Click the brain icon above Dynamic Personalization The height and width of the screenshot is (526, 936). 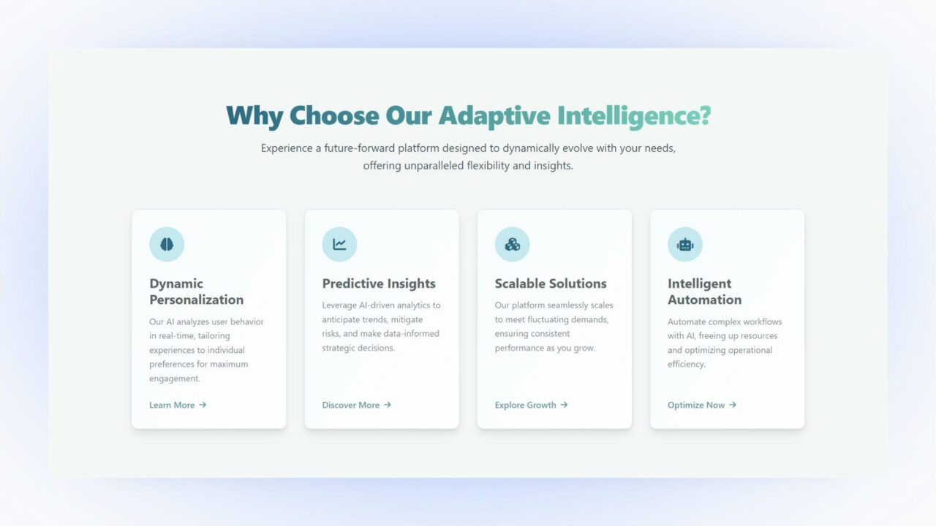(x=167, y=245)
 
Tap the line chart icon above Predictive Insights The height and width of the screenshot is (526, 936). (x=339, y=245)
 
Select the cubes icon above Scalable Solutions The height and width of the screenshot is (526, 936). (x=512, y=245)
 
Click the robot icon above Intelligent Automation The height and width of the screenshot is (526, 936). (x=684, y=245)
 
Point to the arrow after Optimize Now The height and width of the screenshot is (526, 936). (x=733, y=405)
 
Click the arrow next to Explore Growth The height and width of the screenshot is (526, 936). (x=564, y=405)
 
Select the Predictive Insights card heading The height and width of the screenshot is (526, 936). (x=379, y=283)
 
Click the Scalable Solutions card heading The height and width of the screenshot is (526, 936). (x=551, y=283)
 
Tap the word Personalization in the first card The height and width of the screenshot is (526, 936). (x=196, y=300)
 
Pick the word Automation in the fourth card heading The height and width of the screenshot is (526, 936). (x=704, y=300)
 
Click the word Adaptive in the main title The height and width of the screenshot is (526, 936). (x=494, y=115)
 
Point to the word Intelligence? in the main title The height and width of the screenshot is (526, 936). (x=633, y=115)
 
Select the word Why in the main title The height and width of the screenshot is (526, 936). (x=254, y=115)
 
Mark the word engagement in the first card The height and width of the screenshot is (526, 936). (x=174, y=378)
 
